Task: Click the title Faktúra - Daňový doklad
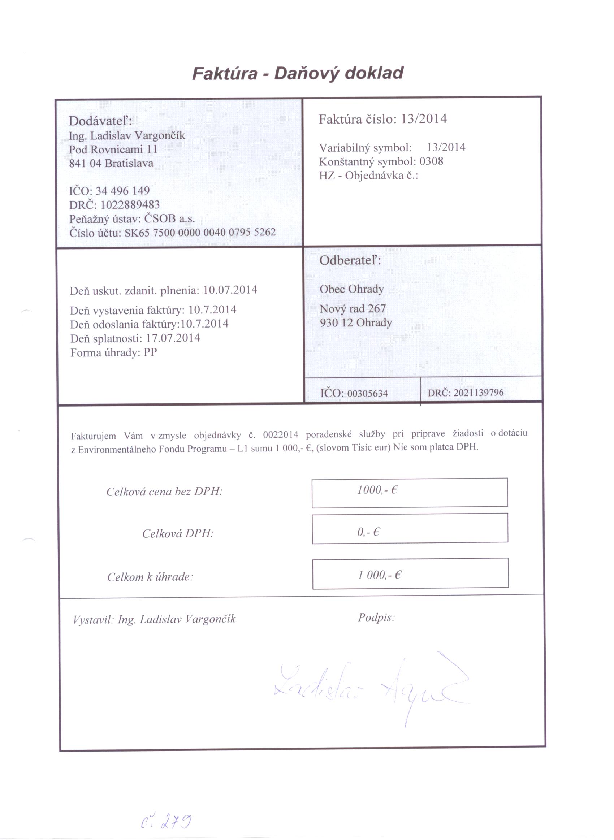coord(298,73)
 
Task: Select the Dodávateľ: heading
coord(100,121)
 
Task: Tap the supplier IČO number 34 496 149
coord(123,191)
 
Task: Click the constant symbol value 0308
coord(431,161)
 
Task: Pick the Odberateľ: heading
coord(350,260)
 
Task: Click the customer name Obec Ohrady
coord(351,289)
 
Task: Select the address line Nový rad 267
coord(353,309)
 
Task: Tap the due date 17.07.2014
coord(173,338)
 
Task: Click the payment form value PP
coord(150,352)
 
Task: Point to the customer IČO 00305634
coord(367,393)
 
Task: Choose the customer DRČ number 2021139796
coord(478,393)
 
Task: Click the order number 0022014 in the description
coord(280,434)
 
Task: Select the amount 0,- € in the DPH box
coord(368,532)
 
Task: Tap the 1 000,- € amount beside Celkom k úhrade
coord(380,575)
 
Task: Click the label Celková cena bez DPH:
coord(164,492)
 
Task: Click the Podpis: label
coord(376,618)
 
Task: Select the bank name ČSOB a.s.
coord(169,218)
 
